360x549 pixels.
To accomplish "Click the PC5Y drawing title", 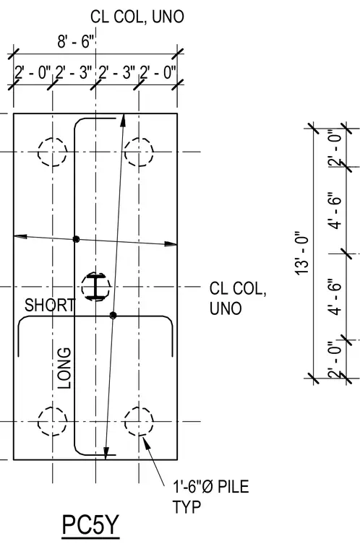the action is tap(91, 525).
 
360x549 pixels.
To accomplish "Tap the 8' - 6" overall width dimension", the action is tap(76, 42).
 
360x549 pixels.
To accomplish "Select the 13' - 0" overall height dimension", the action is tap(302, 253).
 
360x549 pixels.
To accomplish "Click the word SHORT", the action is tap(49, 305).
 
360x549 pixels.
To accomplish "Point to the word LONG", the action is tap(64, 368).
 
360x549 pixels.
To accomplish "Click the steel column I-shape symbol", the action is tap(95, 287).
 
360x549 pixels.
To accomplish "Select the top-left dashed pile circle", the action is tap(52, 152).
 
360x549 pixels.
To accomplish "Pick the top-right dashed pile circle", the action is tap(139, 152).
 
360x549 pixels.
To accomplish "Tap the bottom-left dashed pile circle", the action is tap(52, 421).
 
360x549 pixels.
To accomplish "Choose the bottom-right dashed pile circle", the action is tap(139, 421).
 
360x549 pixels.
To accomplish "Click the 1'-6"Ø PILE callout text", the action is tap(211, 487).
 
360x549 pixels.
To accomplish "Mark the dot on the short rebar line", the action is tap(113, 316).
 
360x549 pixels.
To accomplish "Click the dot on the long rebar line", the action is tap(76, 239).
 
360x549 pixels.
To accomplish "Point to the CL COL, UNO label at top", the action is tap(137, 17).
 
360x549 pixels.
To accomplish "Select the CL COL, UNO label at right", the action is tap(238, 298).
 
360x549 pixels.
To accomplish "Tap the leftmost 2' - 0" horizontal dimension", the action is tap(33, 73).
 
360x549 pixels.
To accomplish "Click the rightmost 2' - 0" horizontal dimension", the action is tap(158, 73).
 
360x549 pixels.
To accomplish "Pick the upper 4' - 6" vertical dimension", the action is tap(337, 210).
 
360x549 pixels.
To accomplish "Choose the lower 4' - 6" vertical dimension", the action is tap(337, 297).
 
